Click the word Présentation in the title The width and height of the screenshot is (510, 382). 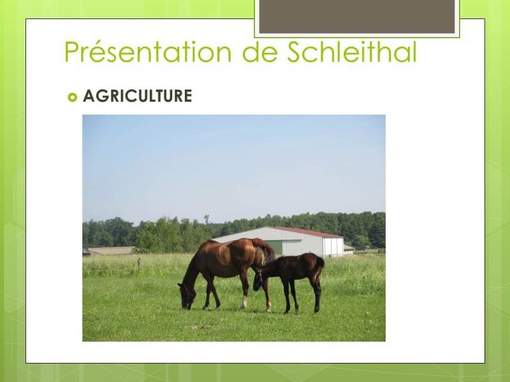coord(148,52)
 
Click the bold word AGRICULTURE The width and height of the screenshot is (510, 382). coord(137,96)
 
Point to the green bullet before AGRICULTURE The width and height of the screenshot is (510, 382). coord(72,97)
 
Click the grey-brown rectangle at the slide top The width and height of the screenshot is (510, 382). coord(357,17)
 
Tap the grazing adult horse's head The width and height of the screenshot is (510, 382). coord(187,295)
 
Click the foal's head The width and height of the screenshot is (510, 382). coord(258,280)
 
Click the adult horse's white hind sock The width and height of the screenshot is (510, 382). coord(244,302)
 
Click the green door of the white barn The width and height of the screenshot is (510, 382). coord(275,248)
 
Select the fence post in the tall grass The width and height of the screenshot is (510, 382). coord(139,264)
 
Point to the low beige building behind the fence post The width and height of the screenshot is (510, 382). coord(110,251)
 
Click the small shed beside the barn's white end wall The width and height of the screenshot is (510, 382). coord(349,250)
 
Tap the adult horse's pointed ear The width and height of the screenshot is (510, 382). coord(180,285)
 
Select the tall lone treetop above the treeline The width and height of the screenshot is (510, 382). coord(206,219)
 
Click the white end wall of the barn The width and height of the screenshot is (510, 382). coord(333,248)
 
